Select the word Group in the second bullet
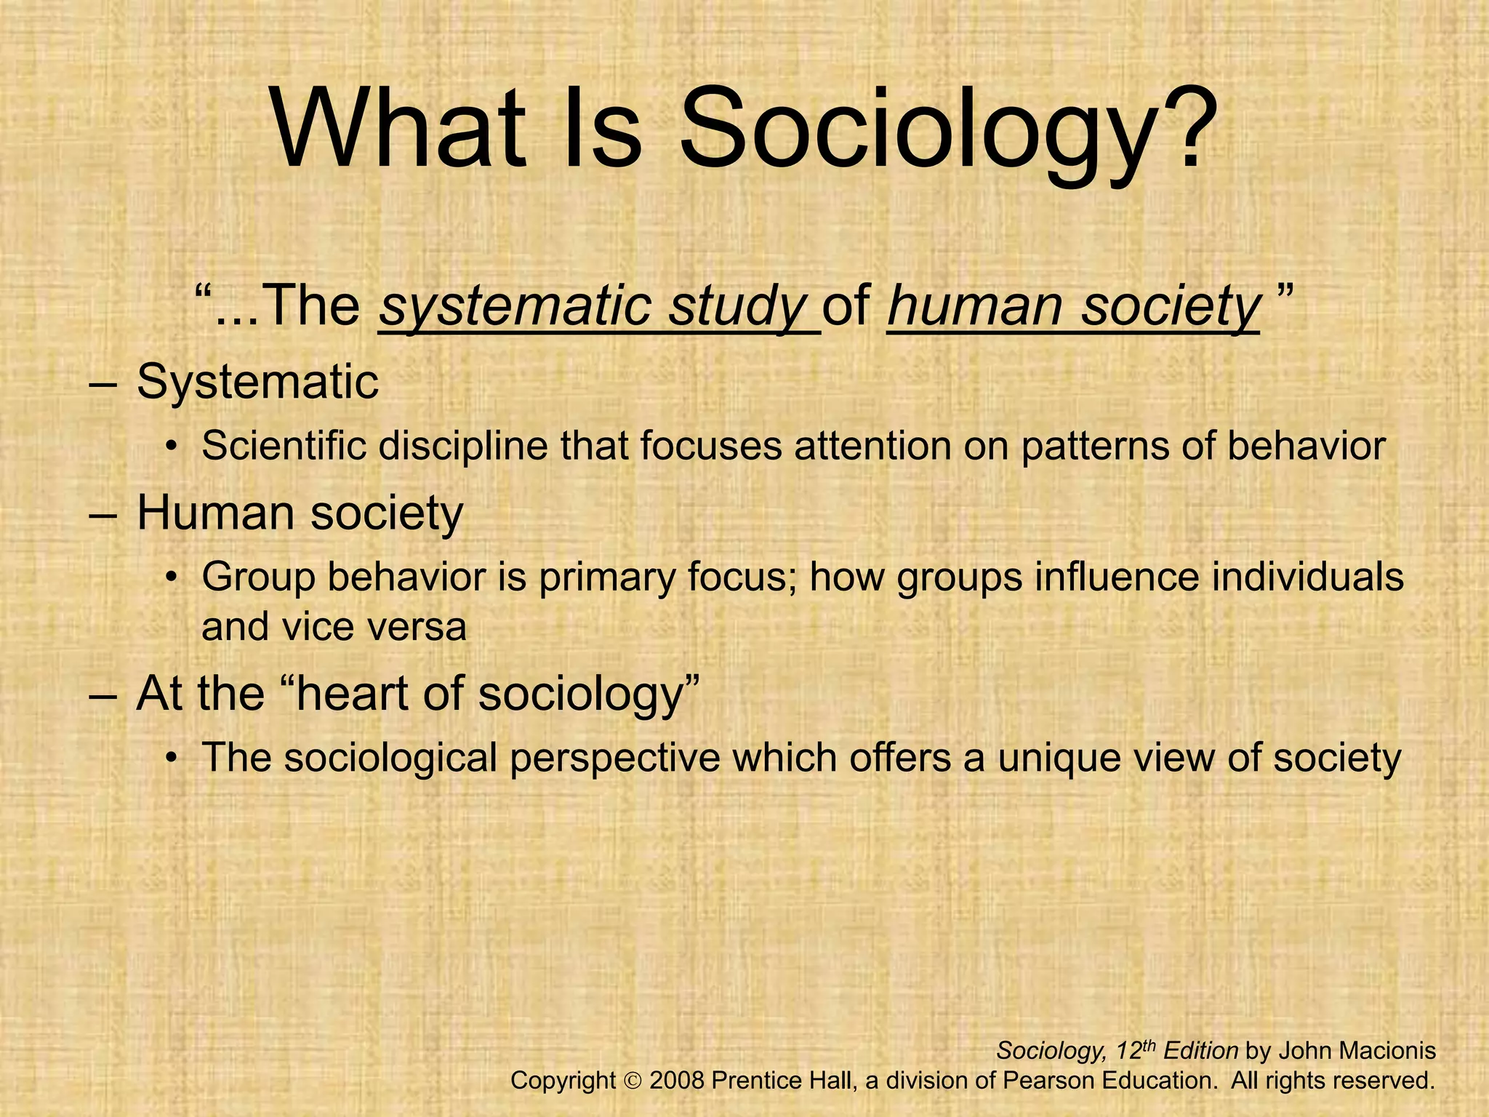pos(258,578)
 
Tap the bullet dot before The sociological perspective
pos(172,759)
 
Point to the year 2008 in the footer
pos(677,1081)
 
